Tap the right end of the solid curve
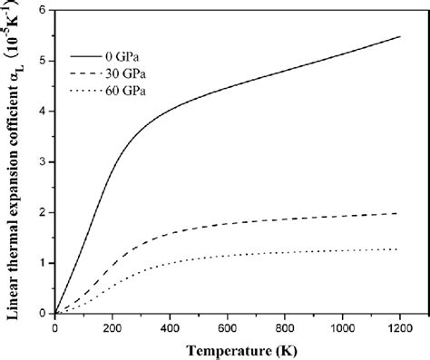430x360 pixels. pos(398,36)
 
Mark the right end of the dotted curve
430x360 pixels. pos(398,248)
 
